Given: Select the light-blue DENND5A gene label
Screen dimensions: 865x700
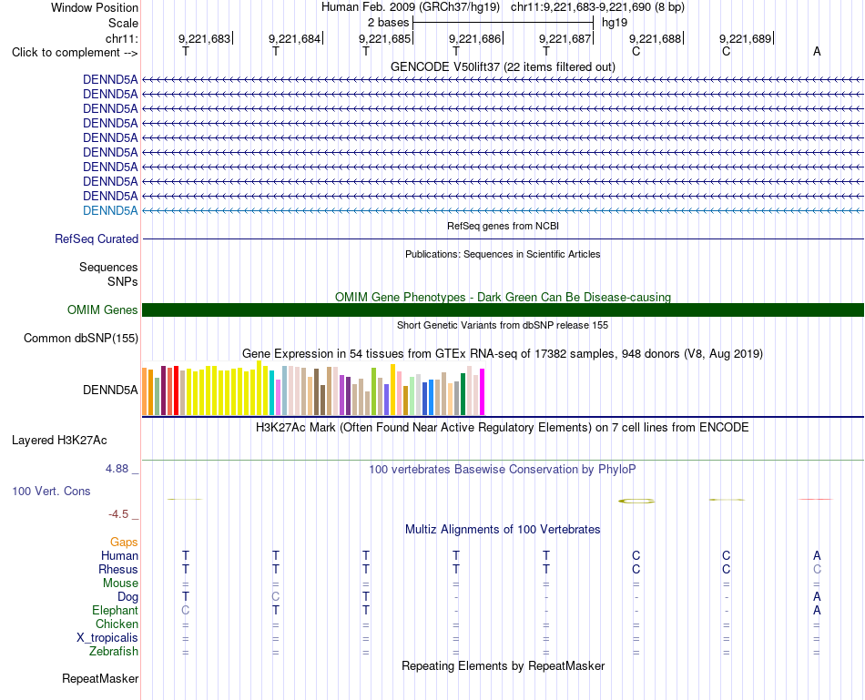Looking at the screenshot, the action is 110,210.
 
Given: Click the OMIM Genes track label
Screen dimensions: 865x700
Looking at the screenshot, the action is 103,310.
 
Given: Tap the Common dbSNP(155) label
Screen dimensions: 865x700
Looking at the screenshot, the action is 81,338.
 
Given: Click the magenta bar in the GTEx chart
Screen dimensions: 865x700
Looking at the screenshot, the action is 483,391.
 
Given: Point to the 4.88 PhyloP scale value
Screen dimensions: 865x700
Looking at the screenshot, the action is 117,469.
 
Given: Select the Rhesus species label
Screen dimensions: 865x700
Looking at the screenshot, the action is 118,569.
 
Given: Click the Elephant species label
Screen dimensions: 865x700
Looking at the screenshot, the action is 116,610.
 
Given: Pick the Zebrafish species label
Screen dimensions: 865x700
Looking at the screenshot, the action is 114,652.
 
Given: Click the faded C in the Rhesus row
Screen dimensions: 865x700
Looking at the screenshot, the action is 817,569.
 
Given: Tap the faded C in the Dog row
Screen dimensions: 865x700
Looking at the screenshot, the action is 276,596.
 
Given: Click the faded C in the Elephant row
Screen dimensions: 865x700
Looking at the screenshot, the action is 186,610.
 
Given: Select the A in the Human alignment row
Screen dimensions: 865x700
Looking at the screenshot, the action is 817,555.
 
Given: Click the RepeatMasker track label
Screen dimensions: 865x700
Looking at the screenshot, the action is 100,678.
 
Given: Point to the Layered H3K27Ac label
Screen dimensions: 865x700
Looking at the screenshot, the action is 59,441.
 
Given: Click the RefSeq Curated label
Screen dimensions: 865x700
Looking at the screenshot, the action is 97,238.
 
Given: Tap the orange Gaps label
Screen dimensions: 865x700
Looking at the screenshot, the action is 124,543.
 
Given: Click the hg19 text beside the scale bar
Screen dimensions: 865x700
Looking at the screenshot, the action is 615,23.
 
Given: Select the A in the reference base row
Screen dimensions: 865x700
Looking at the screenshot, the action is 817,51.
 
